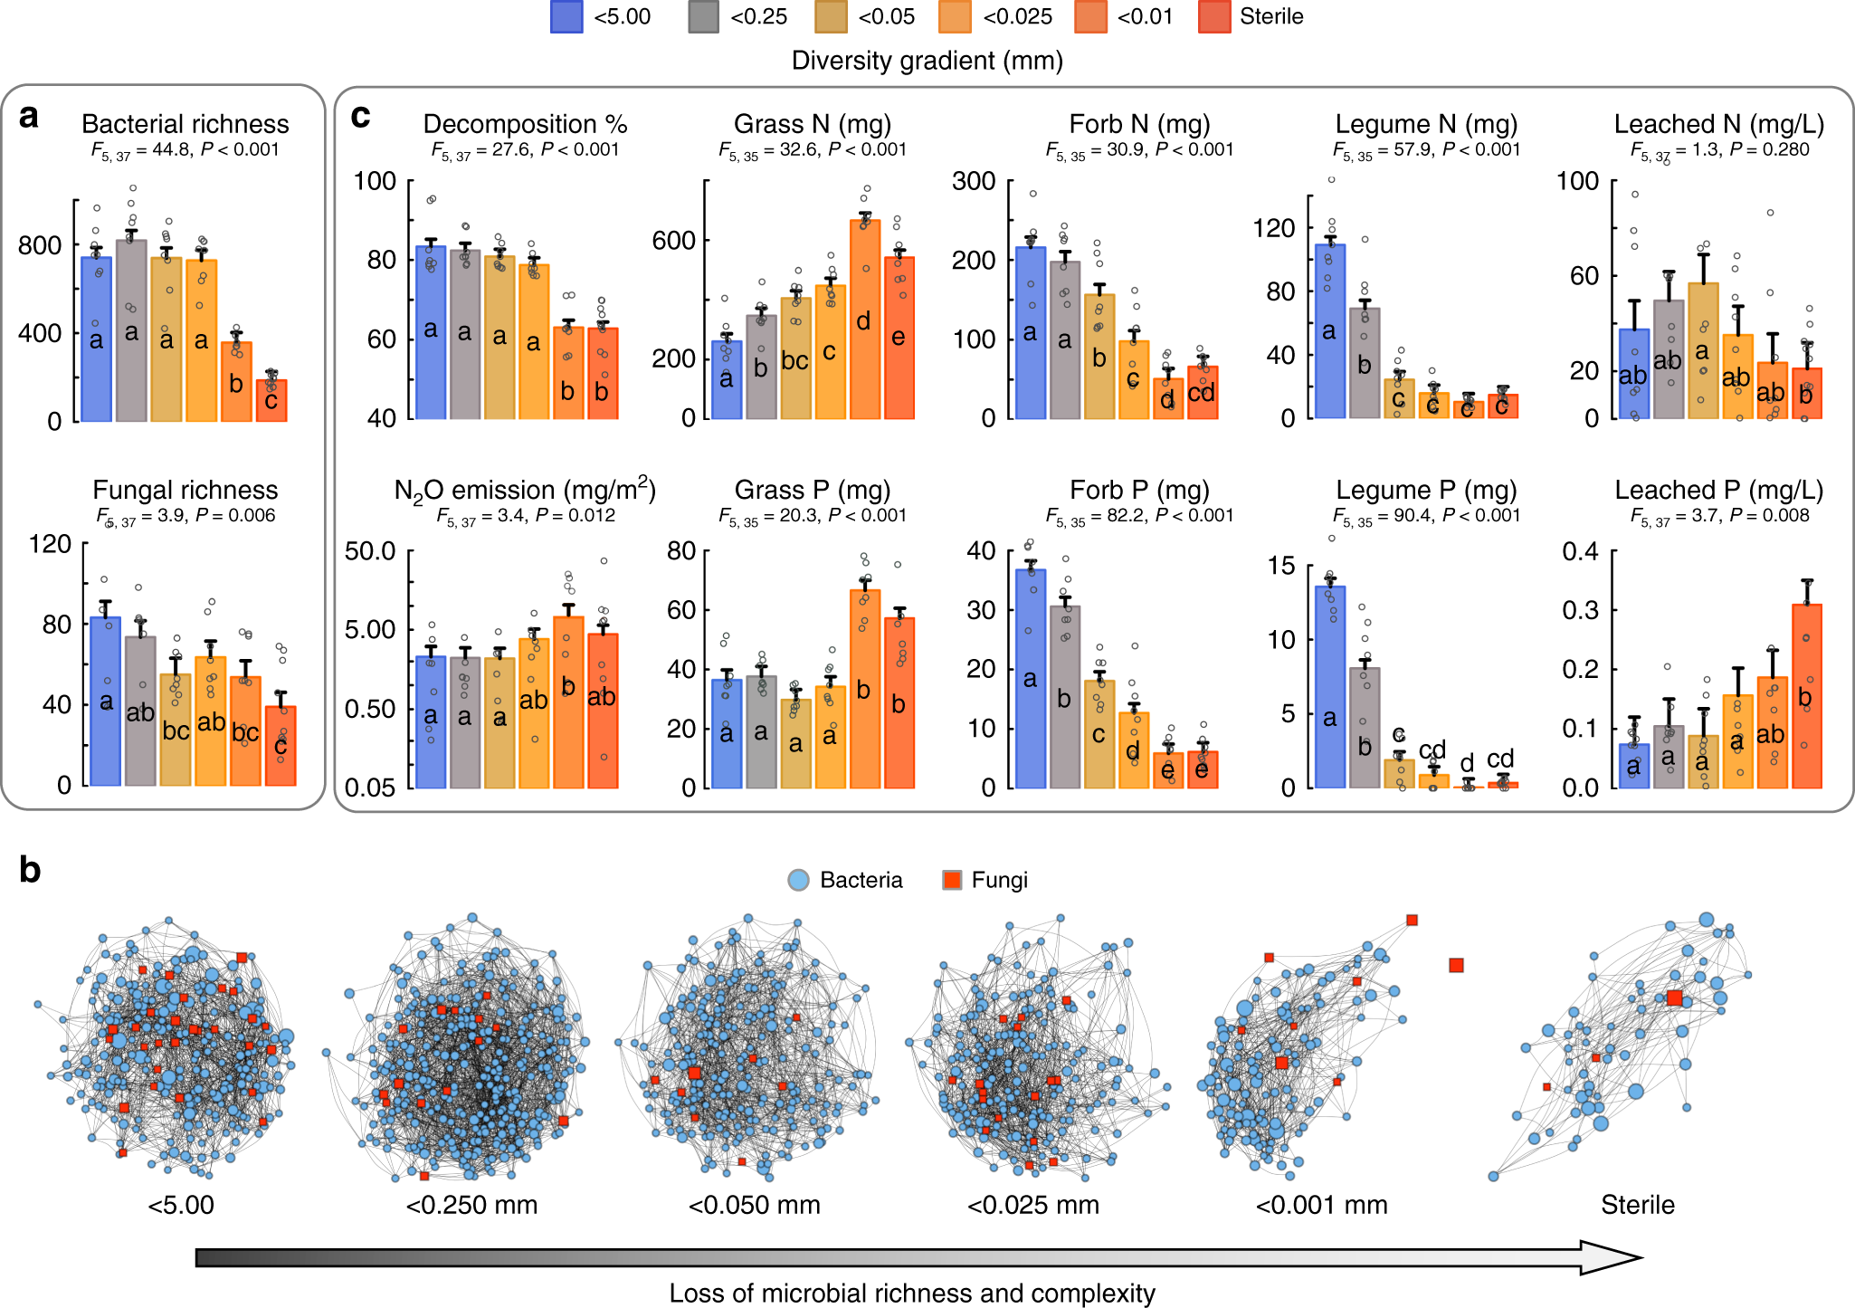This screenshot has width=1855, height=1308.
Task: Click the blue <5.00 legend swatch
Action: (566, 17)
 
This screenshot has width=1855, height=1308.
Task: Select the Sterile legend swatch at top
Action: (1213, 17)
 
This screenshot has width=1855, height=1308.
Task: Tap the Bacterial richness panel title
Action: (185, 124)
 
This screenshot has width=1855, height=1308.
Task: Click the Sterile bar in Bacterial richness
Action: (271, 400)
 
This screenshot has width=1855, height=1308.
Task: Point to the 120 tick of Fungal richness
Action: (51, 544)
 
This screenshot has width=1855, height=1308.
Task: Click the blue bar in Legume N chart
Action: (1329, 331)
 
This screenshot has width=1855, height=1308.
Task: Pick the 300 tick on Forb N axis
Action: (974, 181)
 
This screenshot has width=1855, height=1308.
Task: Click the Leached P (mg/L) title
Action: (1718, 490)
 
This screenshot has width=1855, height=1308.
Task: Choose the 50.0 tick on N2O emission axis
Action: (370, 550)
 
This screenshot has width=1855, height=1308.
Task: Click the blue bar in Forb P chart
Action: (1031, 678)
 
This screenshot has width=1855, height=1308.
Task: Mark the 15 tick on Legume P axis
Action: (1282, 566)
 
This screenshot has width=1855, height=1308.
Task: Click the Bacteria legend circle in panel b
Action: (798, 880)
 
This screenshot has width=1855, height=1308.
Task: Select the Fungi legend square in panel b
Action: (952, 880)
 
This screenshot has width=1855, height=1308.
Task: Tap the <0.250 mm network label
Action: (471, 1205)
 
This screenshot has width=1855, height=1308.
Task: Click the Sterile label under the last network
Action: (1637, 1205)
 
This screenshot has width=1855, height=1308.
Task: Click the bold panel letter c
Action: (360, 116)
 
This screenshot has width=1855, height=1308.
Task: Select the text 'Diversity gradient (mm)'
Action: (927, 61)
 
